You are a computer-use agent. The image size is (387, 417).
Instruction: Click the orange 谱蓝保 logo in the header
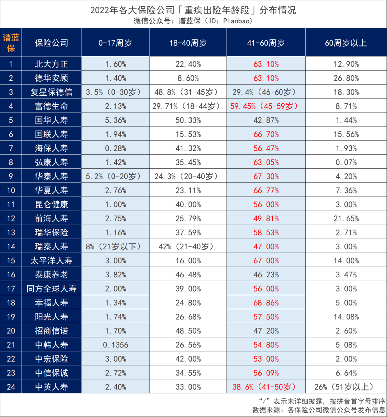(11, 43)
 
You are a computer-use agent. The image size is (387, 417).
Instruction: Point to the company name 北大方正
(51, 64)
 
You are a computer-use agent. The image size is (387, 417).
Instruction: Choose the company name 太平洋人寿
(51, 260)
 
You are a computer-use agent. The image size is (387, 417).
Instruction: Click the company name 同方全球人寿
(51, 289)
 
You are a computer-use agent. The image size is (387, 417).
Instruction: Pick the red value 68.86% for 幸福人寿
(266, 303)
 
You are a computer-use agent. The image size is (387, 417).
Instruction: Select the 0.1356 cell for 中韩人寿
(115, 345)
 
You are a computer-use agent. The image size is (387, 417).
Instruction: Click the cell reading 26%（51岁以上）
(346, 387)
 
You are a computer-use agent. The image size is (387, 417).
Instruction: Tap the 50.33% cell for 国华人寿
(188, 120)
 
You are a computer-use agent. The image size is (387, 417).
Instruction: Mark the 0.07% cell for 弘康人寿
(346, 162)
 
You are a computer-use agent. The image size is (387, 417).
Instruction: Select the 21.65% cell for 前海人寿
(346, 219)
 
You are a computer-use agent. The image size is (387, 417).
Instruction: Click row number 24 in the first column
(11, 387)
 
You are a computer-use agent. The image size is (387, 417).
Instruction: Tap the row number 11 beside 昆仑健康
(11, 205)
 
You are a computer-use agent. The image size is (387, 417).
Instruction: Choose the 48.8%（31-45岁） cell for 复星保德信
(188, 92)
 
